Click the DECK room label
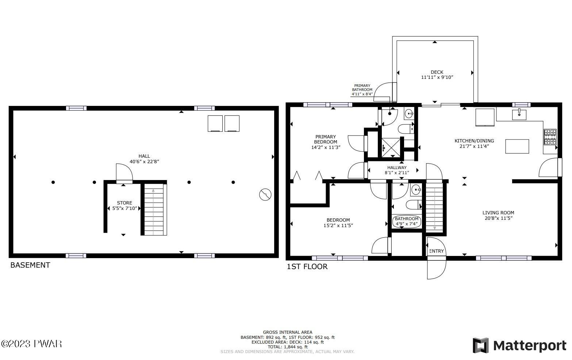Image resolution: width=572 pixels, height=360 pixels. pyautogui.click(x=437, y=72)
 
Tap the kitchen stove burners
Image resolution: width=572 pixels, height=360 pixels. pyautogui.click(x=550, y=137)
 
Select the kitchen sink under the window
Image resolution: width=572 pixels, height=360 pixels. pyautogui.click(x=519, y=115)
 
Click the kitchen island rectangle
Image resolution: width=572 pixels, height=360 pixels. pyautogui.click(x=517, y=146)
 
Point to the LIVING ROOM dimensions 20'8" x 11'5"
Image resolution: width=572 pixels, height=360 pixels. pyautogui.click(x=499, y=218)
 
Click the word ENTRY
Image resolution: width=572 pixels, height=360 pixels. pyautogui.click(x=437, y=251)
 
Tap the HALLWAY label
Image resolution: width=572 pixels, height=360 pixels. pyautogui.click(x=397, y=168)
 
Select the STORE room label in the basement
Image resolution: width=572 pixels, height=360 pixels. pyautogui.click(x=124, y=203)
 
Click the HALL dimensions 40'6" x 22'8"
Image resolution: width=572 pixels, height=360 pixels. pyautogui.click(x=145, y=161)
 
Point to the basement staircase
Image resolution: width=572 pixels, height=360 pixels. pyautogui.click(x=154, y=210)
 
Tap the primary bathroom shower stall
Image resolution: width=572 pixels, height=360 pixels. pyautogui.click(x=391, y=148)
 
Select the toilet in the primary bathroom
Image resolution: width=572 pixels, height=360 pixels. pyautogui.click(x=406, y=129)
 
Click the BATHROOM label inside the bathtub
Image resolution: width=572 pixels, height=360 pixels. pyautogui.click(x=407, y=219)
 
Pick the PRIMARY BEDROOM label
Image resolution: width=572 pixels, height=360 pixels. pyautogui.click(x=326, y=139)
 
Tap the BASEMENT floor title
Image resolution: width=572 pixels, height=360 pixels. pyautogui.click(x=30, y=265)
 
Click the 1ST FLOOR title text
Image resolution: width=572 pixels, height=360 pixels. pyautogui.click(x=307, y=267)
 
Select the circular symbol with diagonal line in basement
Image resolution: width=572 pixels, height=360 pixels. pyautogui.click(x=265, y=195)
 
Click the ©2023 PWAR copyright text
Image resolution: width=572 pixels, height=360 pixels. pyautogui.click(x=31, y=344)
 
